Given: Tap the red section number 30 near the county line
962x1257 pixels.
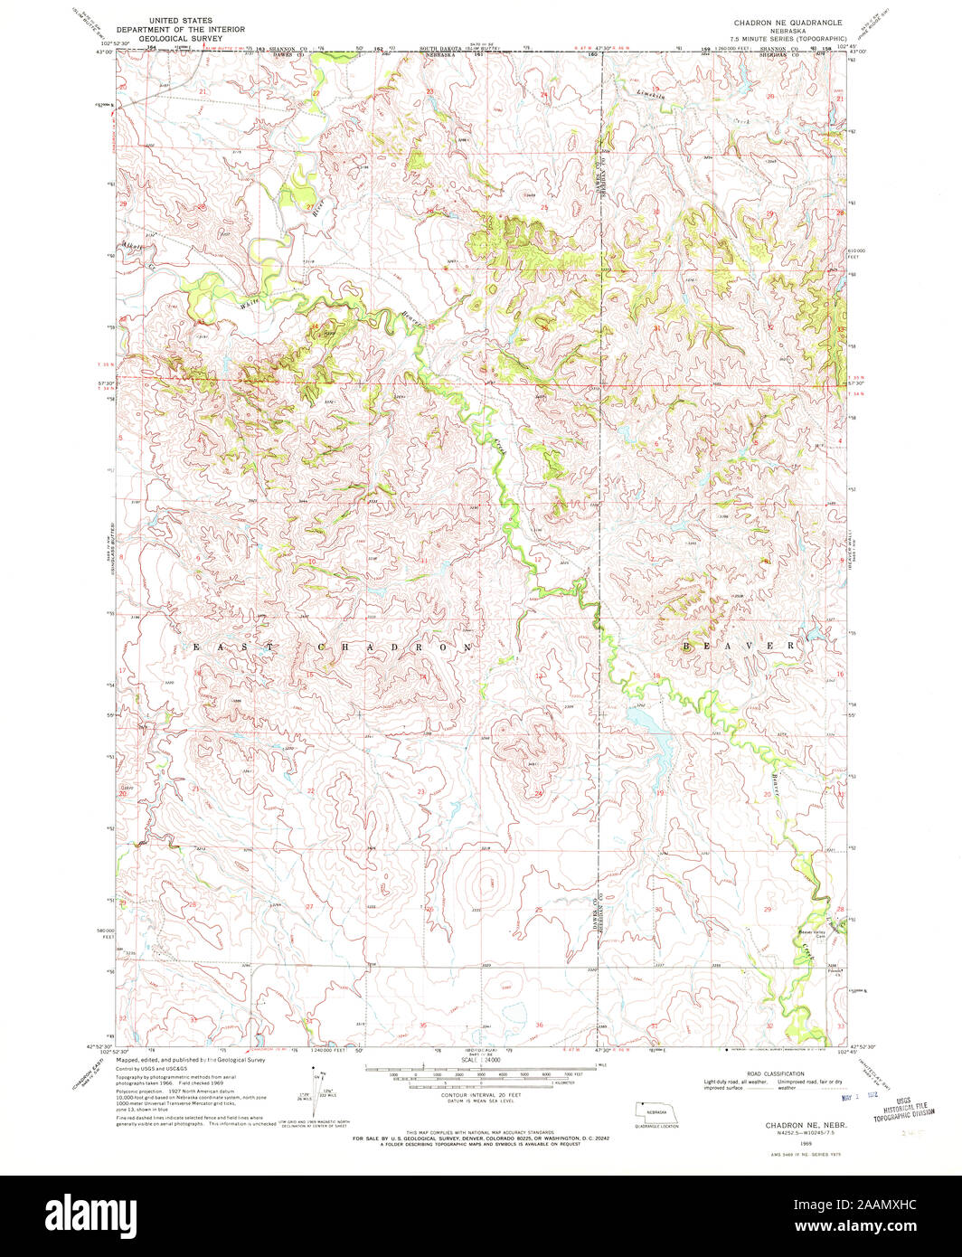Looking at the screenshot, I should tap(658, 909).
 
